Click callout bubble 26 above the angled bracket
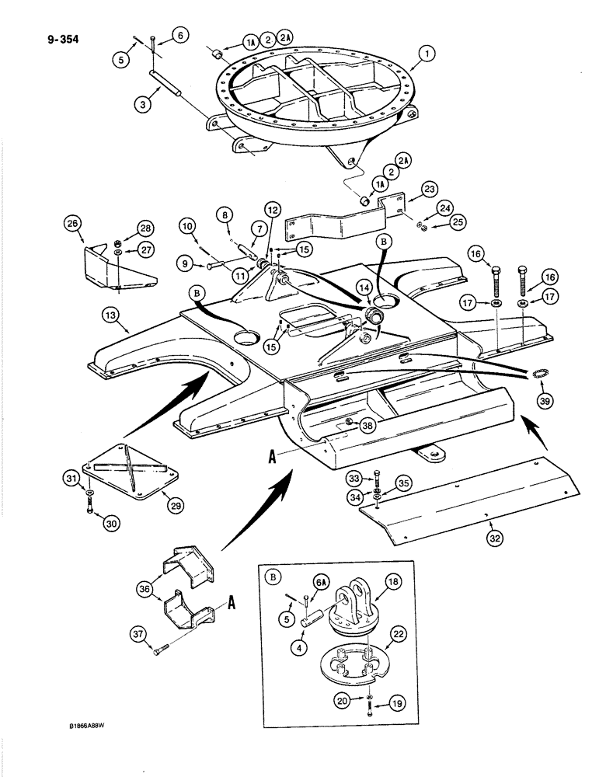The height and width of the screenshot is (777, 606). pyautogui.click(x=74, y=228)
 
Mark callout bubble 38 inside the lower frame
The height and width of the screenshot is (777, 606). pyautogui.click(x=368, y=425)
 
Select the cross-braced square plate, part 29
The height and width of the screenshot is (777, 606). pyautogui.click(x=132, y=471)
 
